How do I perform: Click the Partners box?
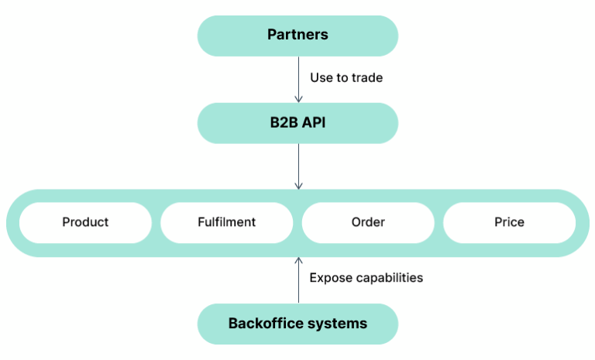tap(297, 35)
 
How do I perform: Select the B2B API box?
tap(297, 122)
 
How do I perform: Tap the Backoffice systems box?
tap(297, 324)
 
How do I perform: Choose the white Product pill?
tap(85, 222)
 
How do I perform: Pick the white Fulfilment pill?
tap(226, 222)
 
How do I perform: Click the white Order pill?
tap(368, 222)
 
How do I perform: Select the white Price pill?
tap(509, 222)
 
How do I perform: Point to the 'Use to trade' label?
tap(346, 77)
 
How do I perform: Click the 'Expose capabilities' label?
tap(366, 277)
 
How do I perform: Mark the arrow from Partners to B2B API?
tap(298, 77)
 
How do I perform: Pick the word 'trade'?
tap(366, 77)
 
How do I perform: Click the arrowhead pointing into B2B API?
tap(298, 98)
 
